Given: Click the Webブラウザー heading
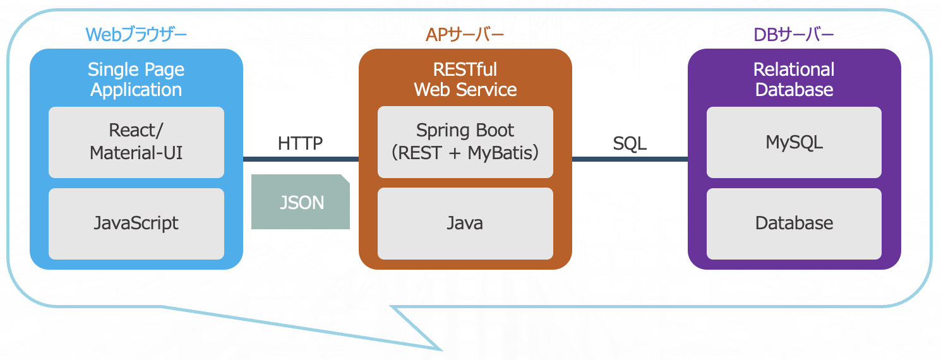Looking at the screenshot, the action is [136, 35].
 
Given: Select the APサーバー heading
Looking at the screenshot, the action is [465, 35].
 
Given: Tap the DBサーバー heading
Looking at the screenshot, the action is [794, 35].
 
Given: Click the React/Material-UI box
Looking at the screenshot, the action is [136, 142].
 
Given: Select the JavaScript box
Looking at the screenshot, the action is [136, 224].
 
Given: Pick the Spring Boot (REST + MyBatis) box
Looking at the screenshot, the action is [465, 142].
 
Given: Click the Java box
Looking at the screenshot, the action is [465, 224].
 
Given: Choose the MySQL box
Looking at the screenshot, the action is [794, 142].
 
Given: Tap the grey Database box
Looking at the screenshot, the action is [794, 224].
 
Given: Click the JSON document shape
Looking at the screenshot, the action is [301, 201].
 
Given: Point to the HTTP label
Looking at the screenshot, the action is [300, 143].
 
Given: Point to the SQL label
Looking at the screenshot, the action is [629, 143].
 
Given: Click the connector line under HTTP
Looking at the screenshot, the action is [301, 159].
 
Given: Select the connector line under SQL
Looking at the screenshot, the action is [630, 159].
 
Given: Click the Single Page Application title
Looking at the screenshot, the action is [136, 80].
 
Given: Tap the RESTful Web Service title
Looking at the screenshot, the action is [465, 80].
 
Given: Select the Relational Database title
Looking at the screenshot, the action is [794, 80].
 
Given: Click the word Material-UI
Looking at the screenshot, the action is [136, 153].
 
